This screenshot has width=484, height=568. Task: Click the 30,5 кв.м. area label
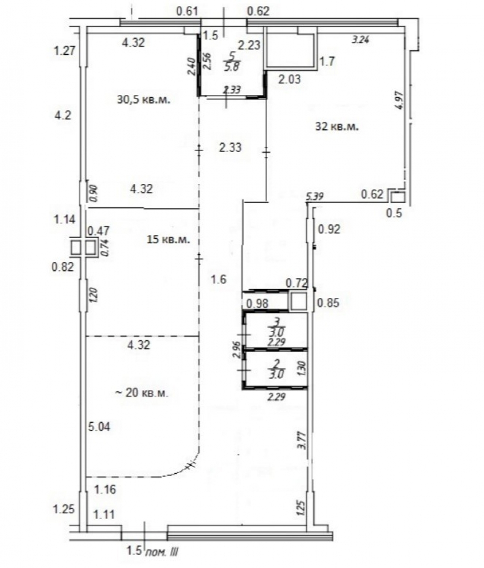[143, 100]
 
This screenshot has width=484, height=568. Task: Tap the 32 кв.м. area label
[337, 126]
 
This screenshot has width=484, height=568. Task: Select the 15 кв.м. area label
[168, 239]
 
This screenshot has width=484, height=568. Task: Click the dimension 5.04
[99, 427]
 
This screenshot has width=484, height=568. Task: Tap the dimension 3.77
[301, 440]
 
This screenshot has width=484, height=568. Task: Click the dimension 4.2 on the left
[62, 116]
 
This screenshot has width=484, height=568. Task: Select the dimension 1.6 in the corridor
[218, 279]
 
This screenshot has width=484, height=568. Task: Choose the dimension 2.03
[289, 78]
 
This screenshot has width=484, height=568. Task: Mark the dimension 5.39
[315, 196]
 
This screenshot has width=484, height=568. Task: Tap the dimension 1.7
[327, 61]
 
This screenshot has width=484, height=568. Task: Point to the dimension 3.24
[361, 40]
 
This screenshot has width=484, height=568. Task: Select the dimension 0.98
[257, 303]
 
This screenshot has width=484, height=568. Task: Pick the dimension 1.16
[105, 490]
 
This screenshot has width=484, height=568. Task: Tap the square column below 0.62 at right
[397, 198]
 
